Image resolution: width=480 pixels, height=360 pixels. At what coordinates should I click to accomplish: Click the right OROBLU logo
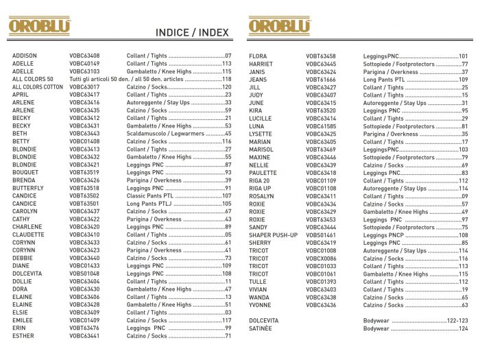click(x=279, y=26)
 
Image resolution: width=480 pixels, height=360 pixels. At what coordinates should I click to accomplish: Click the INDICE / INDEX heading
click(x=191, y=32)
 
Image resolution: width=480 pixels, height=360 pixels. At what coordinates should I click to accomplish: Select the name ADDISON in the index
click(x=25, y=56)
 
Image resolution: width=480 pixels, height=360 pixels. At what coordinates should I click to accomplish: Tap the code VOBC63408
click(x=84, y=56)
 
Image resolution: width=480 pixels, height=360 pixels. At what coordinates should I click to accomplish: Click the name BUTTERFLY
click(x=28, y=188)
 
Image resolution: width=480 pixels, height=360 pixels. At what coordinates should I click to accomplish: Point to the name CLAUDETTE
click(x=28, y=235)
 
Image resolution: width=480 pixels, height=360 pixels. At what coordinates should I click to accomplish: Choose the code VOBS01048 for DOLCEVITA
click(x=84, y=274)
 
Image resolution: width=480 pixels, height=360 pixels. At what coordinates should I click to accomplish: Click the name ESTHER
click(x=23, y=336)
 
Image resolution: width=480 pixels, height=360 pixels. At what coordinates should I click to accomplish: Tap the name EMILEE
click(x=23, y=320)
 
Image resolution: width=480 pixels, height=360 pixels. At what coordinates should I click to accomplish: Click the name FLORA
click(x=258, y=56)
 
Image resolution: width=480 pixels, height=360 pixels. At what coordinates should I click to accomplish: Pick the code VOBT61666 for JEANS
click(x=321, y=79)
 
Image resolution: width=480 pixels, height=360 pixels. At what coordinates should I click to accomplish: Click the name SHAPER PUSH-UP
click(x=273, y=235)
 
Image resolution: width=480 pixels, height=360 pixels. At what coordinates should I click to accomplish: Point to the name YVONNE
click(x=260, y=305)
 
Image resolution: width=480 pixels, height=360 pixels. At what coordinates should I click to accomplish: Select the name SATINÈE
click(x=261, y=328)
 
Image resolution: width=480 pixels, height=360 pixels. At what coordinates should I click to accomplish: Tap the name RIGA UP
click(x=260, y=188)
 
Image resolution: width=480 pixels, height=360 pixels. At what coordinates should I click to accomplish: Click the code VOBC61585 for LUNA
click(x=321, y=126)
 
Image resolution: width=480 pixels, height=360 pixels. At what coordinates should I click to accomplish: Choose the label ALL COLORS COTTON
click(x=38, y=87)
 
